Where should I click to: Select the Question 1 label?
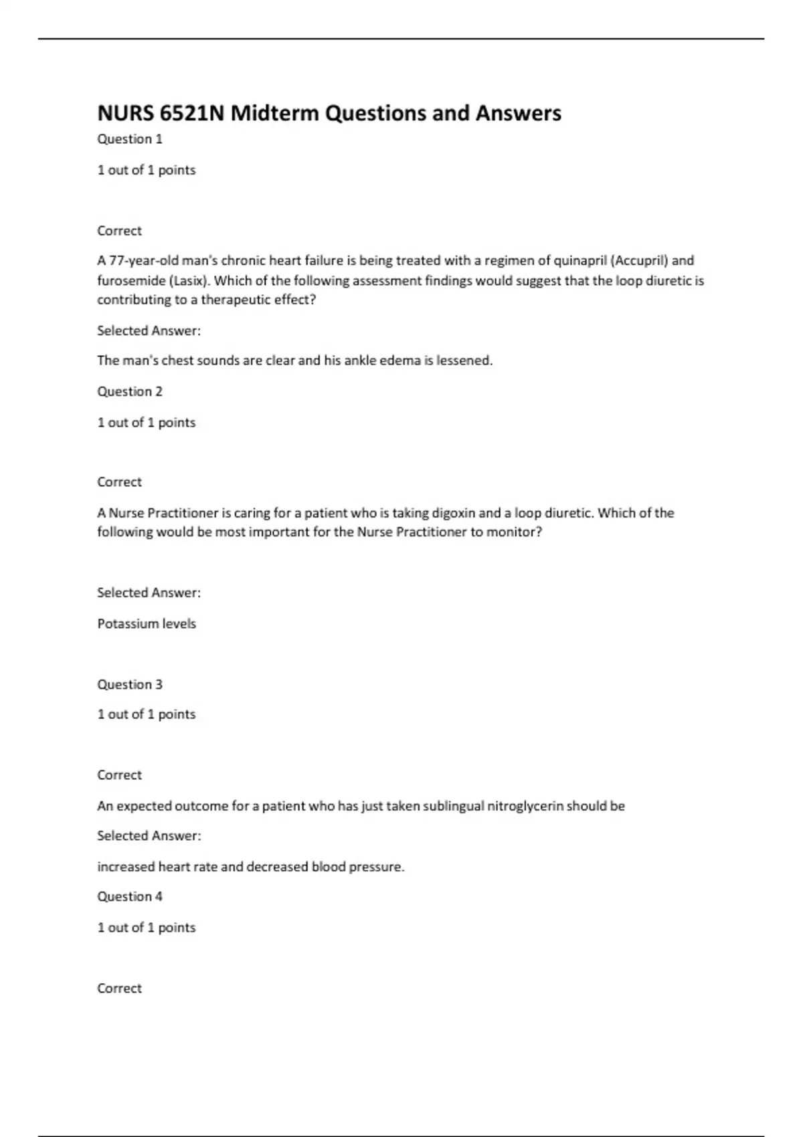point(130,139)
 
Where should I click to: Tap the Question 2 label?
point(130,391)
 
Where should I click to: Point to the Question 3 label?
point(130,684)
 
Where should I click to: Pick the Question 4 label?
point(130,896)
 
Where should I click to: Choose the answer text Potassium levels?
point(147,623)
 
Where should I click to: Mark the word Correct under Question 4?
point(119,988)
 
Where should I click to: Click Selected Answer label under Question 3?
point(149,836)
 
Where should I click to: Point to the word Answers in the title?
point(519,113)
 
